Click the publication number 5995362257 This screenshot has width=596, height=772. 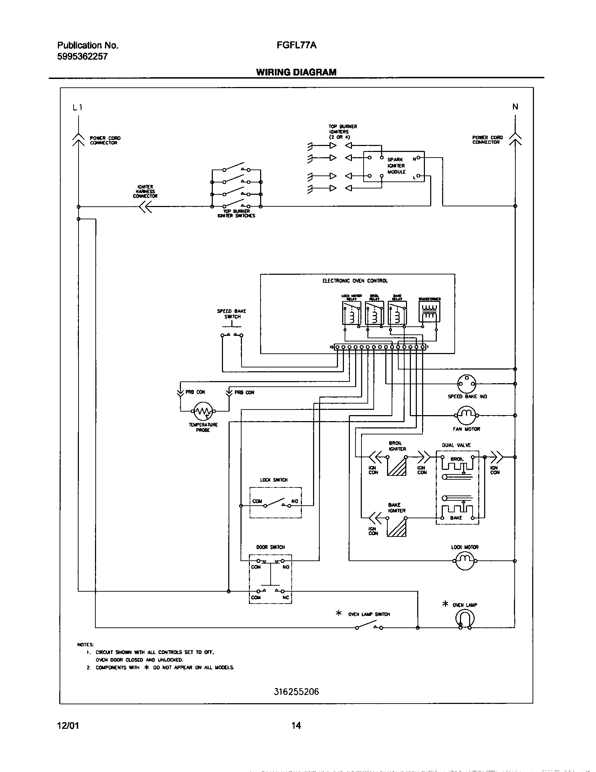[x=82, y=56]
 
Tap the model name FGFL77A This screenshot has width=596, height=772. [x=296, y=45]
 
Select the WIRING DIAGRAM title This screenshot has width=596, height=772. [x=296, y=72]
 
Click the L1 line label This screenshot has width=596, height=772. [x=78, y=107]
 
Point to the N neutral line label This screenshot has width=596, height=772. [x=515, y=106]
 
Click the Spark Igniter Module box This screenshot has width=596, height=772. [x=394, y=166]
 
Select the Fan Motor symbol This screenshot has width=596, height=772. [x=466, y=415]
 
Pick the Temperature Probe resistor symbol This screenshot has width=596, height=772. [x=203, y=411]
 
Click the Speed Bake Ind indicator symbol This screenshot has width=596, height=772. [x=466, y=384]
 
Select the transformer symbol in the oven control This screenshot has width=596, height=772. [x=429, y=311]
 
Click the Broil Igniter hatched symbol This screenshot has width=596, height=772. [x=397, y=466]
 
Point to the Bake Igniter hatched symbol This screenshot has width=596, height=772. [x=397, y=527]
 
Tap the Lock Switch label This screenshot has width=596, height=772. [x=274, y=480]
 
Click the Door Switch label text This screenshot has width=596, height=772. [x=270, y=547]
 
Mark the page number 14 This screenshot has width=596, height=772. [x=296, y=726]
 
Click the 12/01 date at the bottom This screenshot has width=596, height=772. [x=68, y=726]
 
